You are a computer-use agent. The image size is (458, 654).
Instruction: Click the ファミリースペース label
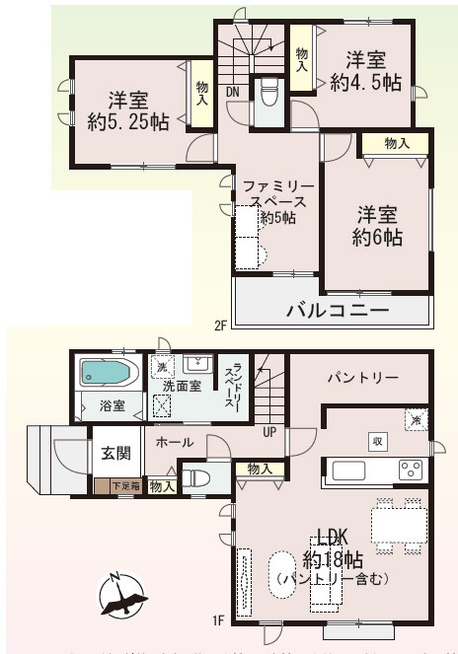(x=278, y=201)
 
